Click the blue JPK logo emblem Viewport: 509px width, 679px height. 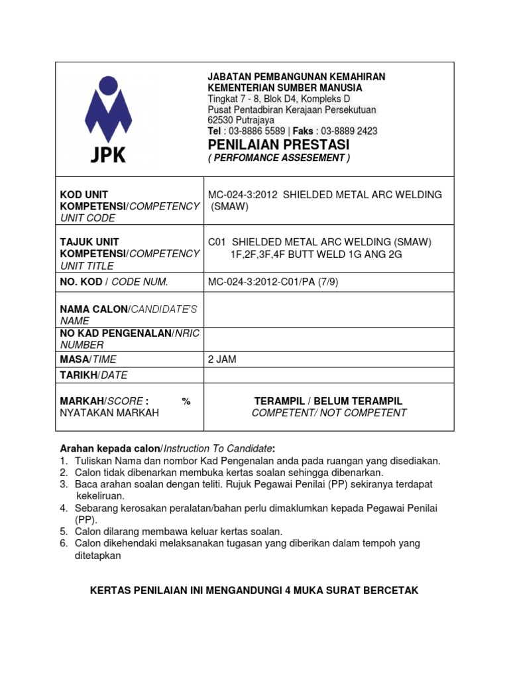point(108,109)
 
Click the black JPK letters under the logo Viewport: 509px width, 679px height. point(108,155)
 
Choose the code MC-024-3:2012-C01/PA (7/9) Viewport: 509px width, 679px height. point(275,282)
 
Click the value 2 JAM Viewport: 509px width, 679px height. point(222,359)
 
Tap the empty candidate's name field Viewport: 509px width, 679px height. point(329,310)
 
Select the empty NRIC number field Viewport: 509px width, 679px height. point(329,339)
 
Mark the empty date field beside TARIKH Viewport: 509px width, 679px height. point(329,375)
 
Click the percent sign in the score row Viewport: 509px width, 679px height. point(186,401)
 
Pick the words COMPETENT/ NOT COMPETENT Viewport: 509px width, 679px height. point(329,413)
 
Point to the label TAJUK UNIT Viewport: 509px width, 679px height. point(89,242)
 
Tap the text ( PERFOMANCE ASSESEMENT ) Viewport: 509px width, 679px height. point(278,158)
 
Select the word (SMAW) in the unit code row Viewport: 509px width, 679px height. point(229,206)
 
